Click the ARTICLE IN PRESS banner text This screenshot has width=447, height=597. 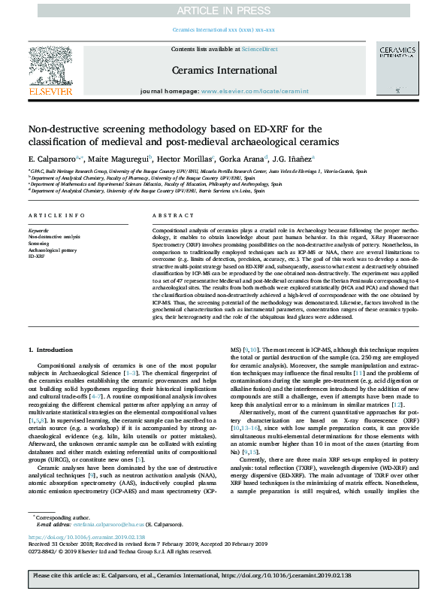pos(223,10)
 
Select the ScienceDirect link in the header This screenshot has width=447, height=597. pos(258,48)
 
